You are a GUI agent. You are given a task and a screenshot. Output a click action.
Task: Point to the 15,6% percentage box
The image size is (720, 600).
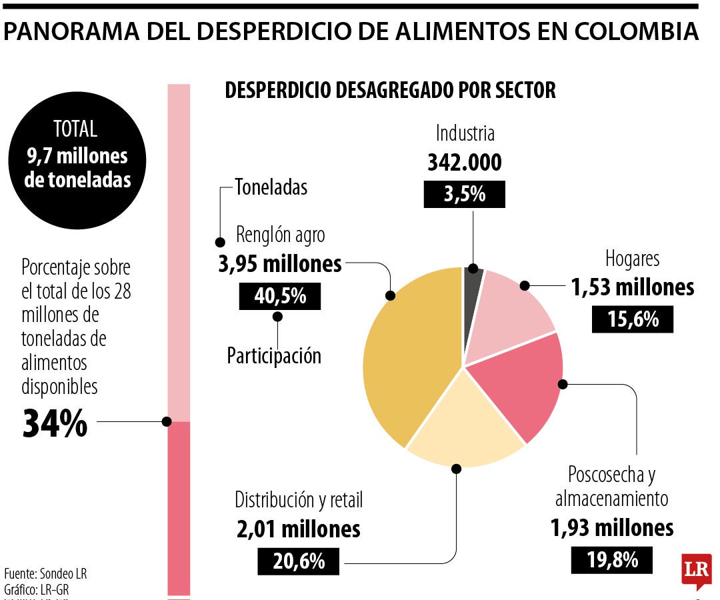[x=632, y=319]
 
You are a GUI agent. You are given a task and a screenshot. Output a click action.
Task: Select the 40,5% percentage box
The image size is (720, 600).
[x=279, y=296]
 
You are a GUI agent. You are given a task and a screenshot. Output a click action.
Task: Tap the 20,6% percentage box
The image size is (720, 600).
[x=298, y=561]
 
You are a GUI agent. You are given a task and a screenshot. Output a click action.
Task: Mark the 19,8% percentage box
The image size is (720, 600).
[x=611, y=559]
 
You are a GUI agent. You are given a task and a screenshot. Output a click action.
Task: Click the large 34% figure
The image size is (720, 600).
[x=55, y=423]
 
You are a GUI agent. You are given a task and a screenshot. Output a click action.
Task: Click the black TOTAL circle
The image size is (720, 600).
[x=77, y=157]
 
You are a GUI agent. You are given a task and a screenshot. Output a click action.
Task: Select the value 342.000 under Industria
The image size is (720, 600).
[x=464, y=162]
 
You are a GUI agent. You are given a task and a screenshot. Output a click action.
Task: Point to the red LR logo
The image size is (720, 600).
[x=696, y=570]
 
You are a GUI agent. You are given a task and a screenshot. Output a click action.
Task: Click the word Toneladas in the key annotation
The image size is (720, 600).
[x=271, y=187]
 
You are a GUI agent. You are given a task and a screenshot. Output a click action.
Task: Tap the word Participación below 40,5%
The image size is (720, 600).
[x=274, y=355]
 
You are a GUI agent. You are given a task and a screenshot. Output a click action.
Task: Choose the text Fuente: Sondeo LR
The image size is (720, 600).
[x=45, y=573]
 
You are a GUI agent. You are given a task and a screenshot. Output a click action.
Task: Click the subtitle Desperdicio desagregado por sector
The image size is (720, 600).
[x=390, y=90]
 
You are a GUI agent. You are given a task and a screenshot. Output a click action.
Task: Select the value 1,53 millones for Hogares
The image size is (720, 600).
[x=632, y=287]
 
